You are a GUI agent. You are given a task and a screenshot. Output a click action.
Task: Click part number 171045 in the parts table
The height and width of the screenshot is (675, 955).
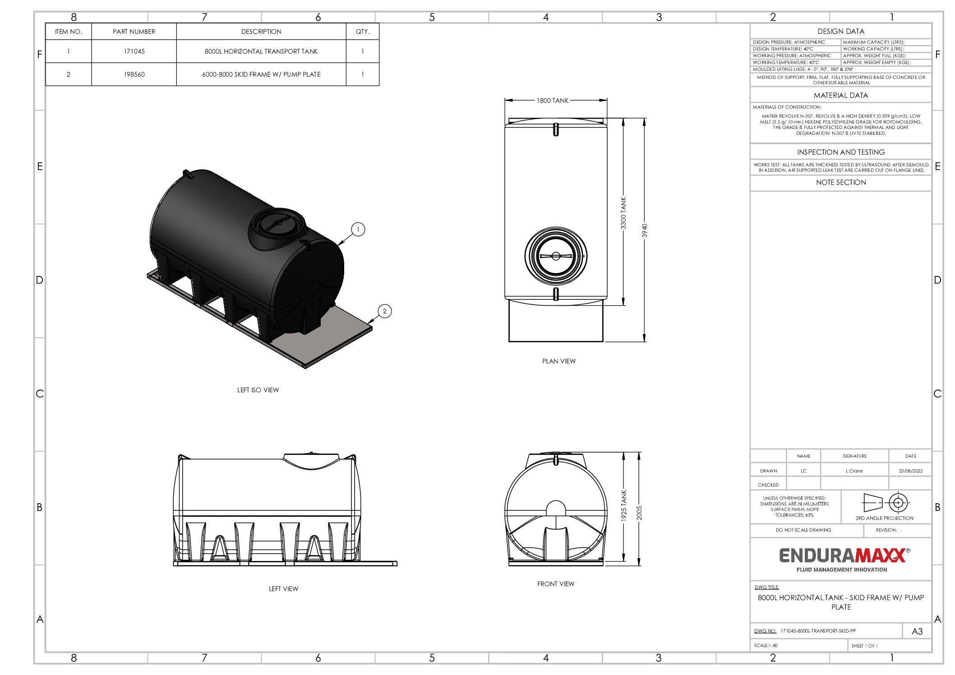pos(134,51)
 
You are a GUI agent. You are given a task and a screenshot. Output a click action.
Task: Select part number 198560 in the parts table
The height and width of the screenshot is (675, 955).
pos(134,74)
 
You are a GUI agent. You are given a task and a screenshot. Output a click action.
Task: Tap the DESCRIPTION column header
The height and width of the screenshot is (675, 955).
pos(261,32)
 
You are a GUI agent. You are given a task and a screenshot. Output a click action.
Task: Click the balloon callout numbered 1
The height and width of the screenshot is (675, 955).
pos(358,230)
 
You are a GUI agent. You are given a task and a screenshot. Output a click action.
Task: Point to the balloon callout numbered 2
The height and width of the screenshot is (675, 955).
pos(385,311)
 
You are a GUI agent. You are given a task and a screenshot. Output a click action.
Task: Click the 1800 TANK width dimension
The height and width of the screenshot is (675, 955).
pos(552,101)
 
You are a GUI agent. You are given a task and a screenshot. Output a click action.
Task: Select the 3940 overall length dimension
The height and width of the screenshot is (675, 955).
pos(645,230)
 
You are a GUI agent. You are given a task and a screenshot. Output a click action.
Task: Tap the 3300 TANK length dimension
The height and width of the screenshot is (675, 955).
pos(623,213)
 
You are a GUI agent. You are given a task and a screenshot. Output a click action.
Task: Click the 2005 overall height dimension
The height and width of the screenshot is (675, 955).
pos(639,513)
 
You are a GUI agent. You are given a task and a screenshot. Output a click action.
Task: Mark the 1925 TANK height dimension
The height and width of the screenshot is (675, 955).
pos(624,506)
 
